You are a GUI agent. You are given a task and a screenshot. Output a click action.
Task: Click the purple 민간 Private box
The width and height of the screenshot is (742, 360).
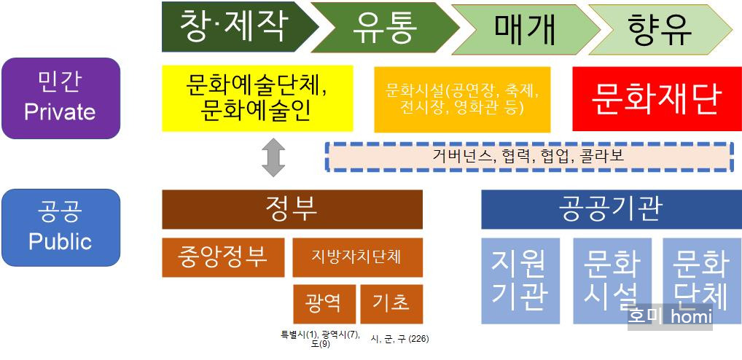(x=60, y=98)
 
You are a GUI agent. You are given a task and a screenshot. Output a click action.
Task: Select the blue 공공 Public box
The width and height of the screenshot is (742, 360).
(x=60, y=227)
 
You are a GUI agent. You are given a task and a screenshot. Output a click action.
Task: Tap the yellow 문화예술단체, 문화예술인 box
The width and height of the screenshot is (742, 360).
(x=257, y=98)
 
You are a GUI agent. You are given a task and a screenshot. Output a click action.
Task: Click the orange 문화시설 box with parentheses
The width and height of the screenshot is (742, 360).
(x=463, y=98)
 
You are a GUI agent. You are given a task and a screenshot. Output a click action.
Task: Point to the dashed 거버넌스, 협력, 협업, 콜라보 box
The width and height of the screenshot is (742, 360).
(x=528, y=156)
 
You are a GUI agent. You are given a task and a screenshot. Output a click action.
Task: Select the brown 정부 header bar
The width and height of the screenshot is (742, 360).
(x=292, y=209)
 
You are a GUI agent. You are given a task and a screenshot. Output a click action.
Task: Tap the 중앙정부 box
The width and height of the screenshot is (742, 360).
(x=223, y=257)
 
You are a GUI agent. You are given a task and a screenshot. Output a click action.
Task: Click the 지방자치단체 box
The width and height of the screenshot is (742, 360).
(x=357, y=257)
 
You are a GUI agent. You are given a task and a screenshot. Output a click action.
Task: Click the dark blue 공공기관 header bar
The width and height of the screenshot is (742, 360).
(x=611, y=209)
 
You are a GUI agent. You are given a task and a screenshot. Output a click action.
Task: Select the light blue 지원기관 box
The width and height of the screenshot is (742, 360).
(x=520, y=279)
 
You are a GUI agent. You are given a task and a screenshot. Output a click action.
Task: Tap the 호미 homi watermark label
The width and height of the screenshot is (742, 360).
(x=670, y=317)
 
